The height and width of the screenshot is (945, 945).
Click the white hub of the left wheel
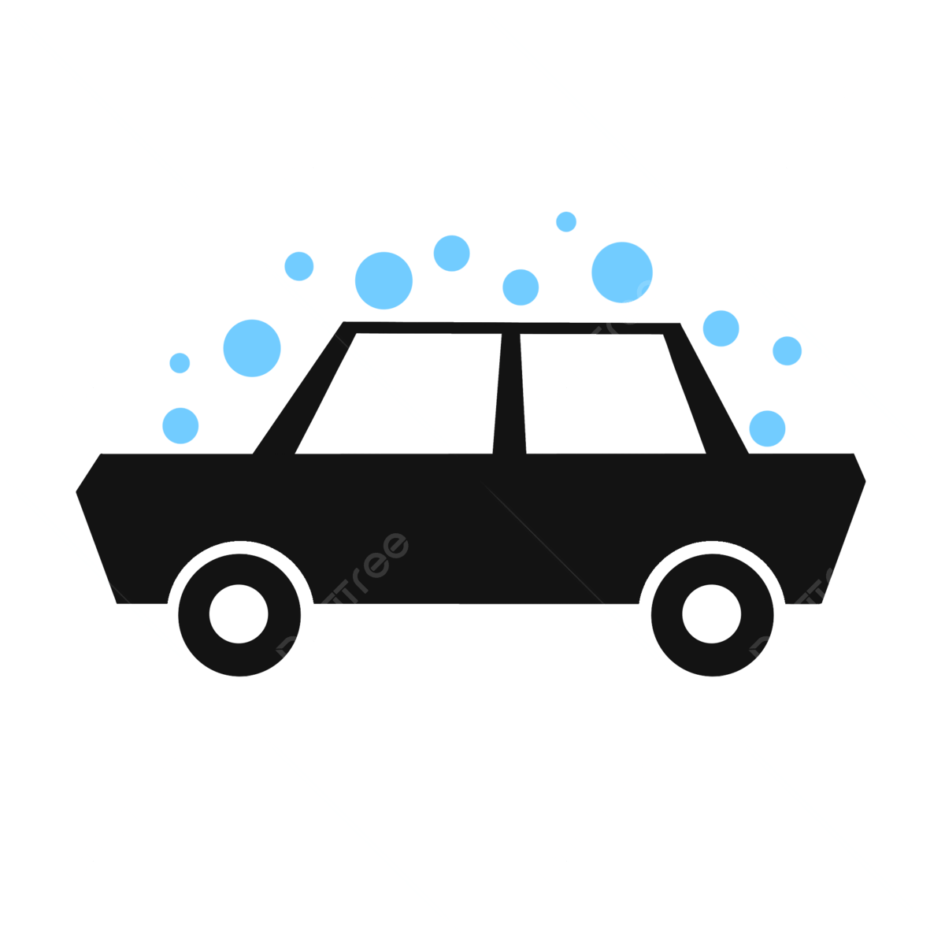pos(239,614)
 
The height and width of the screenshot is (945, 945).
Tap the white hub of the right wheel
pos(711,614)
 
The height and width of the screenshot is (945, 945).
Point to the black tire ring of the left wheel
pos(193,614)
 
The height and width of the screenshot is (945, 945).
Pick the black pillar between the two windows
pos(510,394)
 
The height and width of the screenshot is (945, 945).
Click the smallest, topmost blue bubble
pos(566,222)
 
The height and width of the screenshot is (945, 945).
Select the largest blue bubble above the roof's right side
pos(622,272)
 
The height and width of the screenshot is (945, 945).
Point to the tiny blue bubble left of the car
pos(180,363)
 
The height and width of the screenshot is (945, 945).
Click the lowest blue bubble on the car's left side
pos(180,425)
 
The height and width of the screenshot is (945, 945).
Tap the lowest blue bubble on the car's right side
pos(767,428)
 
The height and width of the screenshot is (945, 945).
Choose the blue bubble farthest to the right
pos(787,350)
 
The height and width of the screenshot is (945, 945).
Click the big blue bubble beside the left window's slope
pos(252,348)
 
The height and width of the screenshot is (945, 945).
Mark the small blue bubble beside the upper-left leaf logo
pos(299,266)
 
